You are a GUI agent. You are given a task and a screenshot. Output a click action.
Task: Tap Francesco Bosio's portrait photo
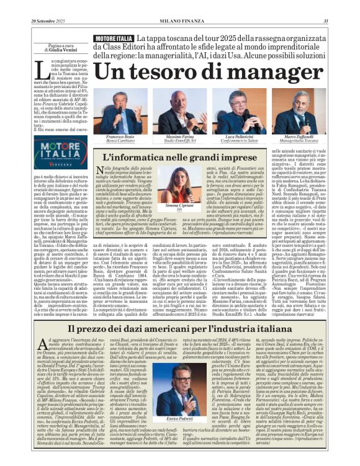121,112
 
